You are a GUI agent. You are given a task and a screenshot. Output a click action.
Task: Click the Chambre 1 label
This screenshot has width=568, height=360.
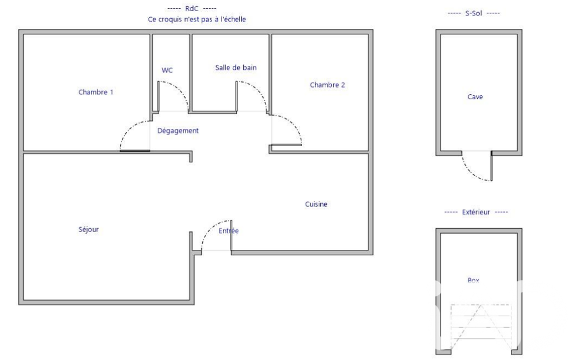96,92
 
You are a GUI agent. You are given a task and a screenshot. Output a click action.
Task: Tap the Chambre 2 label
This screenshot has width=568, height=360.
327,85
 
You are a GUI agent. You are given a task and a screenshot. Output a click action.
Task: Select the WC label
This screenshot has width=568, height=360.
167,70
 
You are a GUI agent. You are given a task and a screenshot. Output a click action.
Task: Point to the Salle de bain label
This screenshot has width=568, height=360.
236,68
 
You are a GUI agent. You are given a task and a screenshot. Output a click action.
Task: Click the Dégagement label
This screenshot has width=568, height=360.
178,131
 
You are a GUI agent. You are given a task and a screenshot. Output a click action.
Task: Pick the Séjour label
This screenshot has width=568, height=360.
89,229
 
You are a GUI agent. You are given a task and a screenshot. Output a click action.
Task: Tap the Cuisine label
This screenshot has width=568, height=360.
316,204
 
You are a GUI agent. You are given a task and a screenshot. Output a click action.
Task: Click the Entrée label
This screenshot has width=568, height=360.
228,231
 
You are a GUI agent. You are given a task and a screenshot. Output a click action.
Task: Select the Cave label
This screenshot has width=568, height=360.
475,97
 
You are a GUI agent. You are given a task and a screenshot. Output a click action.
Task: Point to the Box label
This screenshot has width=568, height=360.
473,280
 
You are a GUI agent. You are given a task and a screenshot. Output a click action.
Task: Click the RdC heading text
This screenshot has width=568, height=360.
192,8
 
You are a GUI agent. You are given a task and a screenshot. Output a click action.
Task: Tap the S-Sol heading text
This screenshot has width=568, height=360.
473,13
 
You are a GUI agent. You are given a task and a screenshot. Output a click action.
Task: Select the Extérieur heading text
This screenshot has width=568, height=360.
475,212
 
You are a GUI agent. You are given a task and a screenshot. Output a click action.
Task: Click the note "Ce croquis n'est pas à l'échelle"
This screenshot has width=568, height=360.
197,19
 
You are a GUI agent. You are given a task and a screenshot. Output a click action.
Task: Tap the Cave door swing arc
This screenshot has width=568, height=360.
470,172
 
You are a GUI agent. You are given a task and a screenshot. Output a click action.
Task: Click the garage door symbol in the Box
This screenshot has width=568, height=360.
480,327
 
